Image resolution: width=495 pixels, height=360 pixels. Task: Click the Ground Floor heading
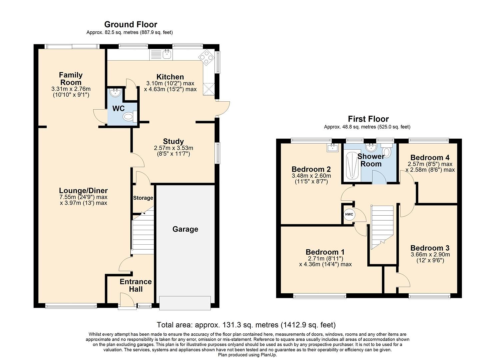pyautogui.click(x=130, y=24)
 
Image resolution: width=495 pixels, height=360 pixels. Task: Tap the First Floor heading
pyautogui.click(x=368, y=119)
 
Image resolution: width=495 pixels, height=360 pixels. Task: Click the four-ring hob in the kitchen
pyautogui.click(x=206, y=57)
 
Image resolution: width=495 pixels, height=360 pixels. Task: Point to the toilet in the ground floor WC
pyautogui.click(x=128, y=117)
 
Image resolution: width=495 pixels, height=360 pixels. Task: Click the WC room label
pyautogui.click(x=118, y=109)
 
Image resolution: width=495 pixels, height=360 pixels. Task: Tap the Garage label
pyautogui.click(x=185, y=229)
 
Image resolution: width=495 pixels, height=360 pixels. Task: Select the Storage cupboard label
pyautogui.click(x=143, y=198)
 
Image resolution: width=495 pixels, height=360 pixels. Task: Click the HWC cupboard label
pyautogui.click(x=349, y=214)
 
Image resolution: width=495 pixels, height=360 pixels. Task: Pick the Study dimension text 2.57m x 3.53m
pyautogui.click(x=173, y=148)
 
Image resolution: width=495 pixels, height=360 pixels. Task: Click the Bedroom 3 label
pyautogui.click(x=430, y=248)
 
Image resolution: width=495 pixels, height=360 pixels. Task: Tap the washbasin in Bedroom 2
pyautogui.click(x=332, y=148)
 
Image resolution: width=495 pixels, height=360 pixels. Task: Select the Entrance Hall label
pyautogui.click(x=136, y=285)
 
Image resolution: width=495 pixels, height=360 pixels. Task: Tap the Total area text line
pyautogui.click(x=246, y=325)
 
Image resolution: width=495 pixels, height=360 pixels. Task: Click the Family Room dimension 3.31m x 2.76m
pyautogui.click(x=71, y=89)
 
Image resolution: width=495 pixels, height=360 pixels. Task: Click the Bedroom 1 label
pyautogui.click(x=325, y=252)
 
